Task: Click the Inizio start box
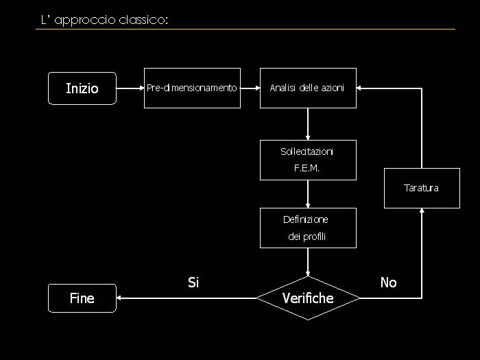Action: (82, 88)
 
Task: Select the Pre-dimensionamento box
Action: (192, 88)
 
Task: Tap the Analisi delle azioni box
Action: (308, 88)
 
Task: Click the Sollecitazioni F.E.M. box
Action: (308, 160)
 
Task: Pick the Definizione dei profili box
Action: (308, 228)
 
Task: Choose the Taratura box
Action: (422, 188)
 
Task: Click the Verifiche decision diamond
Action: (308, 298)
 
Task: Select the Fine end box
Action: (82, 298)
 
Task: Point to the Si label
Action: (193, 283)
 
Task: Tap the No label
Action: (388, 283)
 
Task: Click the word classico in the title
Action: (140, 20)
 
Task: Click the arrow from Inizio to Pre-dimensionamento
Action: (130, 88)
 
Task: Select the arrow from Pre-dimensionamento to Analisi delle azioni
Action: (250, 88)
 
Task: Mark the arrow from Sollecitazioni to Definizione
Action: (308, 194)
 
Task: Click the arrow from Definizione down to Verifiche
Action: (308, 262)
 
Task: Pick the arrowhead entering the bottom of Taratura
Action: (422, 212)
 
